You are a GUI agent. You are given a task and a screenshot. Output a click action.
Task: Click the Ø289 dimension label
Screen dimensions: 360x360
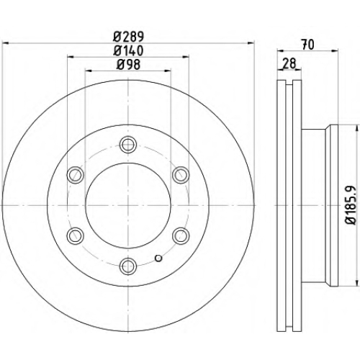click(128, 37)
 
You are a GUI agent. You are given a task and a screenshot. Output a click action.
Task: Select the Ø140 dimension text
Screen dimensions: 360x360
click(128, 50)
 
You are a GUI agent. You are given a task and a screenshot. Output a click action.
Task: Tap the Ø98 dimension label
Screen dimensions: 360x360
click(128, 64)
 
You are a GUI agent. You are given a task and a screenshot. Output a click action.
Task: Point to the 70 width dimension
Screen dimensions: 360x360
click(308, 45)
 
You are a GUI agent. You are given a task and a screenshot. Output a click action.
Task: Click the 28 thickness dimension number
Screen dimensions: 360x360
click(289, 63)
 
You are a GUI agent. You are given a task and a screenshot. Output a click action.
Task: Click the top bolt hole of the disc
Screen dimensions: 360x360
click(128, 145)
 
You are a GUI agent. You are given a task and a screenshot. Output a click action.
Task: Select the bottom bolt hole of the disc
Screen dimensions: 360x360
click(128, 266)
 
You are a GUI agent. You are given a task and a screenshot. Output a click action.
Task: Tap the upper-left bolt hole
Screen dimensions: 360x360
click(76, 175)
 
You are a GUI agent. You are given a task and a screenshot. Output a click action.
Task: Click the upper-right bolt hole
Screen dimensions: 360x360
click(181, 175)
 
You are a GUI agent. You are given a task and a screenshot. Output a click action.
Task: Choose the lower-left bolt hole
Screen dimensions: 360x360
click(76, 236)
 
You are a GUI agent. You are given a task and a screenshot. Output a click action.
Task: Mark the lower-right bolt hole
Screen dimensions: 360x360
click(181, 236)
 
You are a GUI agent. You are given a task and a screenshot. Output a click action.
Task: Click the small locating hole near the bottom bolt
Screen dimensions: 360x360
click(158, 258)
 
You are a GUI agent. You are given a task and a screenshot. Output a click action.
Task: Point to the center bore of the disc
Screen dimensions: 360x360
click(128, 205)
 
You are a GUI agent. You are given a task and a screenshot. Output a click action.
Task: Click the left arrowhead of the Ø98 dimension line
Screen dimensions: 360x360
click(88, 71)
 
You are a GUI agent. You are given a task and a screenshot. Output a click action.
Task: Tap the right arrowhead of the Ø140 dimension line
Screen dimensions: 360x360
click(186, 57)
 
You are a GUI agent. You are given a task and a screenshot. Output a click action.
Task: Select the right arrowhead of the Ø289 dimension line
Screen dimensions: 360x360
click(251, 43)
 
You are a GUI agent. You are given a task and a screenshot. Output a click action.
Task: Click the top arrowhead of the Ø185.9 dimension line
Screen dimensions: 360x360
click(355, 128)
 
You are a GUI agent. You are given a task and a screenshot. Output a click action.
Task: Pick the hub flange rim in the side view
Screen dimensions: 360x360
click(334, 205)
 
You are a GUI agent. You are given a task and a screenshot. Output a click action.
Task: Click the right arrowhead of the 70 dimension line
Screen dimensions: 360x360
click(335, 50)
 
